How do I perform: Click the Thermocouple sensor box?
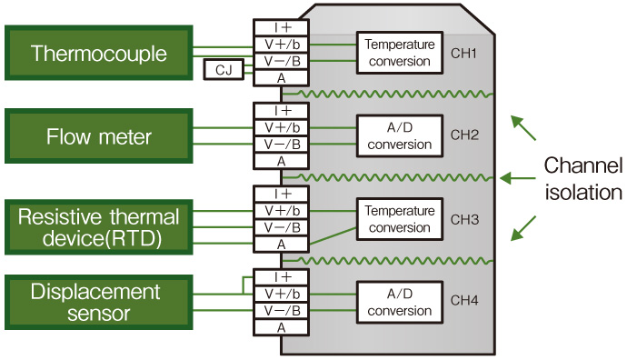coord(99,54)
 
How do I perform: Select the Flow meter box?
coord(99,137)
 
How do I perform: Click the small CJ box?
coord(224,70)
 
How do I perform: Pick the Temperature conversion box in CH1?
coord(397,53)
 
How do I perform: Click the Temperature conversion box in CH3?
coord(397,219)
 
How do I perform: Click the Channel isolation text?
coord(582,179)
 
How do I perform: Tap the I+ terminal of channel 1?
coord(282,27)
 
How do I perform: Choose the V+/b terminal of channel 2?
coord(282,127)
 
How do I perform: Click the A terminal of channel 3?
coord(282,245)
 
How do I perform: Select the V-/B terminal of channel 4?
coord(282,310)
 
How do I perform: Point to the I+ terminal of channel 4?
coord(282,276)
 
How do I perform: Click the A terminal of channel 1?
coord(282,79)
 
